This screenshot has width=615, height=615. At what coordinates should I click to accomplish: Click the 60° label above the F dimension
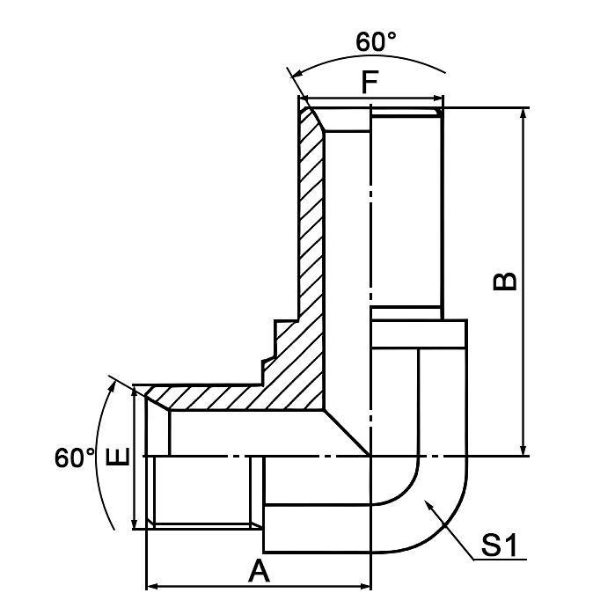[x=377, y=41]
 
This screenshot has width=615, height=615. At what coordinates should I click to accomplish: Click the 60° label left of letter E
[x=74, y=458]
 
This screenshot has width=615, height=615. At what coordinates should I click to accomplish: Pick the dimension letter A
[x=258, y=572]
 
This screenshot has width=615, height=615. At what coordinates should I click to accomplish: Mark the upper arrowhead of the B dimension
[x=525, y=113]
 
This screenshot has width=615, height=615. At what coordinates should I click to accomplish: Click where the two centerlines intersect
[x=370, y=456]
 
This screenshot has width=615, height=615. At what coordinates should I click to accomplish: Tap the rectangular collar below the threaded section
[x=418, y=333]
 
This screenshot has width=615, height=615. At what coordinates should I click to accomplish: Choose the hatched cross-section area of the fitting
[x=308, y=264]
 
